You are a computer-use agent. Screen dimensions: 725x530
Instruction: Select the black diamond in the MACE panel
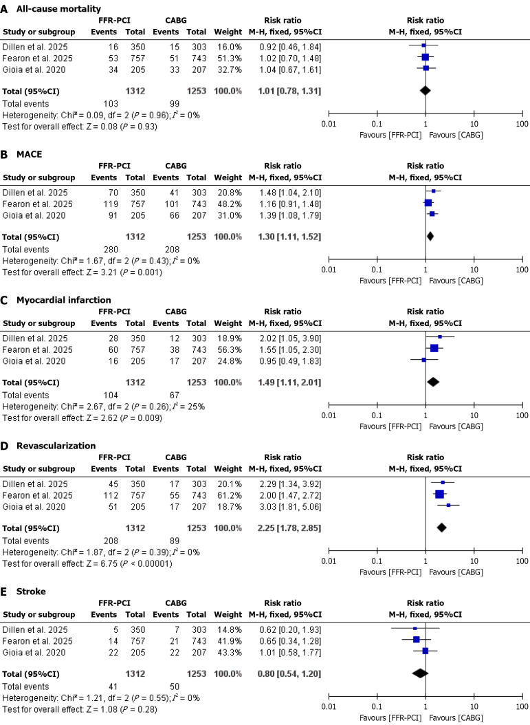point(430,236)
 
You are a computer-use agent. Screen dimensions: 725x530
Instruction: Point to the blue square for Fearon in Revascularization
point(440,495)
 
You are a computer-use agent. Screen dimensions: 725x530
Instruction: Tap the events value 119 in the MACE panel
point(113,204)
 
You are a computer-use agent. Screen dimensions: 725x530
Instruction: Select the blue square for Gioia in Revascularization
point(449,505)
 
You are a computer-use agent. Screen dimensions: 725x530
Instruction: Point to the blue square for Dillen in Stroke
point(415,629)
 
